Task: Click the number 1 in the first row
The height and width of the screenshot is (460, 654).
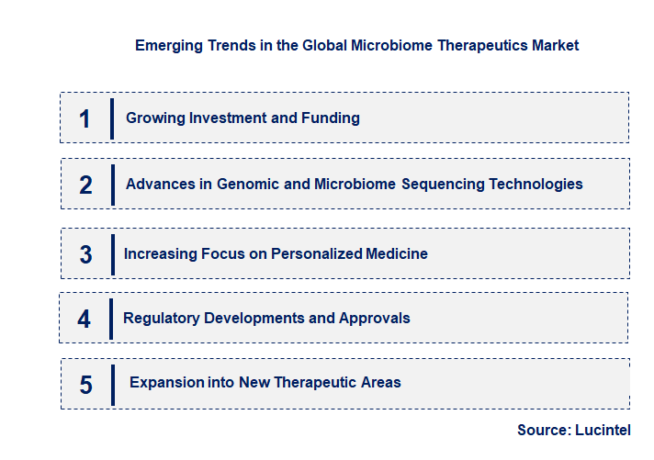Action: pyautogui.click(x=85, y=118)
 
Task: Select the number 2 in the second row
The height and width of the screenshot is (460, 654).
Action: pyautogui.click(x=86, y=185)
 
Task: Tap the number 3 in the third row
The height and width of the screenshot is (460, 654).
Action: pyautogui.click(x=86, y=254)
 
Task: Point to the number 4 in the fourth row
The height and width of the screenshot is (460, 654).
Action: pyautogui.click(x=85, y=319)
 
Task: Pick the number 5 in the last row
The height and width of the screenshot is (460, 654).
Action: pyautogui.click(x=86, y=384)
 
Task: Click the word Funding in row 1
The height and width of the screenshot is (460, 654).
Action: pyautogui.click(x=331, y=118)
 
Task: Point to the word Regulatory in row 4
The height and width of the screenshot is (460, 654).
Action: pyautogui.click(x=162, y=318)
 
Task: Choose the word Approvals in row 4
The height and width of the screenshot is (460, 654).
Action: pyautogui.click(x=375, y=318)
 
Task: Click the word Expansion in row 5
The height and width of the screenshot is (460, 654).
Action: pyautogui.click(x=165, y=382)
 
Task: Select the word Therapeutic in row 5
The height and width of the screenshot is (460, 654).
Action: pyautogui.click(x=316, y=382)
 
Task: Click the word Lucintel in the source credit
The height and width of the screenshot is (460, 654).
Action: pyautogui.click(x=603, y=430)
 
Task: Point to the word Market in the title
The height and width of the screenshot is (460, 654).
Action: pyautogui.click(x=555, y=45)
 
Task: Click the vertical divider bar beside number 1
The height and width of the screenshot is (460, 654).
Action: pyautogui.click(x=112, y=118)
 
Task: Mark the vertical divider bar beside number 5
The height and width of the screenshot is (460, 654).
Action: pyautogui.click(x=113, y=384)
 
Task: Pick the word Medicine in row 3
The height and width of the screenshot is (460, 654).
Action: pyautogui.click(x=395, y=253)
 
